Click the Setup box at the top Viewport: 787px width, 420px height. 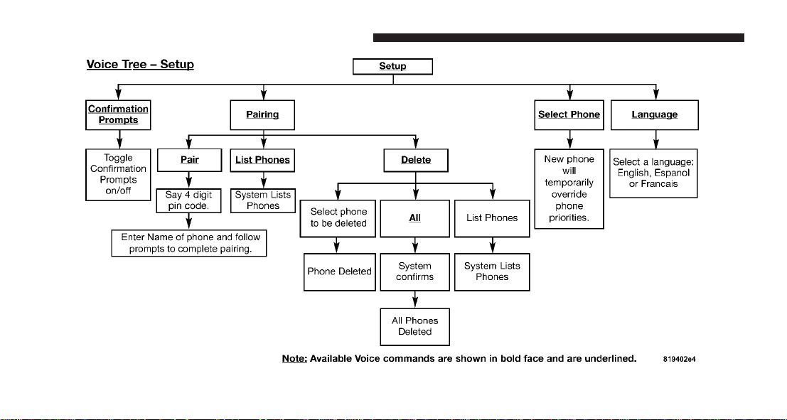392,66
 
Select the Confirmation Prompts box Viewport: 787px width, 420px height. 118,115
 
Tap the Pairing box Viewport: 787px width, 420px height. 262,115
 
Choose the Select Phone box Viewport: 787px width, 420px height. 569,115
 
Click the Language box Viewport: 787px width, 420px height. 655,115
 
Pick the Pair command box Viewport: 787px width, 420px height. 189,160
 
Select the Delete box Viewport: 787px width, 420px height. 416,160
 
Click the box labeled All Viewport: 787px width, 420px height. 414,218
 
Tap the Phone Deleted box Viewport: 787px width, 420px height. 340,272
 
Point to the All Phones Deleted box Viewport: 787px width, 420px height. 414,327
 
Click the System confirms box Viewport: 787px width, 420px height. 414,272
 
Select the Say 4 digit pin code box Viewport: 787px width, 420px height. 188,200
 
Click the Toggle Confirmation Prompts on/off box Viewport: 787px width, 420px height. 119,175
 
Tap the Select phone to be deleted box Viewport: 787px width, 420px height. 339,218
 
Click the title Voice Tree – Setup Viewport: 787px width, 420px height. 140,65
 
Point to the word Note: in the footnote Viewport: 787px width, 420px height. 294,359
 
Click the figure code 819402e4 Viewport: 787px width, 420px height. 679,360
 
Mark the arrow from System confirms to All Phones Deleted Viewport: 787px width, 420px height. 415,300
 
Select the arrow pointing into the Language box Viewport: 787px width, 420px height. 655,92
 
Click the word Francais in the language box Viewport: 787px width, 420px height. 660,184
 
